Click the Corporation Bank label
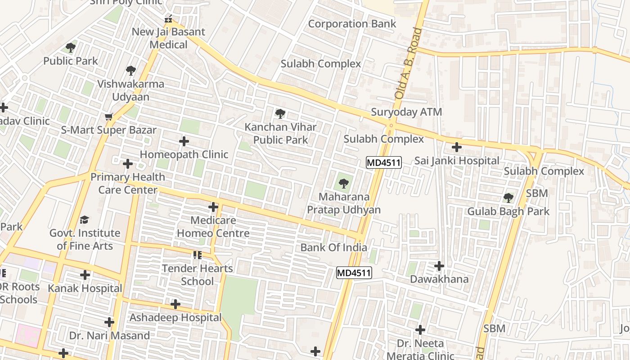tap(352, 24)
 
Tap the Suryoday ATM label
tap(406, 112)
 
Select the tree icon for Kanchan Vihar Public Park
tap(280, 114)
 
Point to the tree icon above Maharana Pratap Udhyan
tap(344, 183)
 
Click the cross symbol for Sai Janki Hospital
tap(457, 147)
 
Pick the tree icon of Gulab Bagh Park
tap(508, 198)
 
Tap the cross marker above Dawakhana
tap(439, 266)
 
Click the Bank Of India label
tap(333, 247)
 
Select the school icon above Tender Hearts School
tap(197, 255)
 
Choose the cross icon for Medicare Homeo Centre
tap(213, 207)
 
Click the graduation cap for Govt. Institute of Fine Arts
tap(85, 220)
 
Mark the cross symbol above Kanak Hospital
tap(85, 275)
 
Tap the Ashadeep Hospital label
tap(175, 318)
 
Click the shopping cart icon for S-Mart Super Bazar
tap(108, 117)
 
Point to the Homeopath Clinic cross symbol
tap(184, 141)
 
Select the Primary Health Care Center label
tap(128, 183)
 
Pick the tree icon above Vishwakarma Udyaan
tap(131, 70)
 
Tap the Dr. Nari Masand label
tap(109, 336)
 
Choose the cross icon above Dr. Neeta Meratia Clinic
tap(420, 330)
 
